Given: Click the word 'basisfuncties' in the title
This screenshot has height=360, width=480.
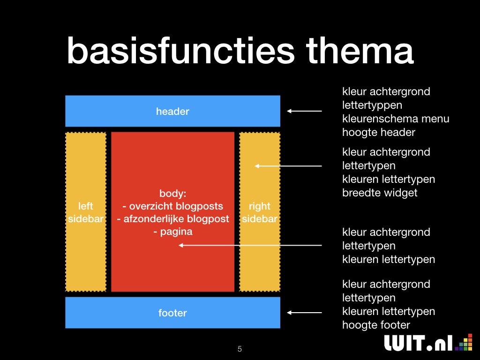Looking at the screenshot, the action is [x=180, y=50].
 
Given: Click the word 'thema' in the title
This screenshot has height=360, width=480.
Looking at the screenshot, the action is [x=360, y=50].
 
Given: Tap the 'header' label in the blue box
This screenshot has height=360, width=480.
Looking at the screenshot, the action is [x=172, y=112].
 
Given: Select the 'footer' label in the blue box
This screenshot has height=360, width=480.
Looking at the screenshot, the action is [x=172, y=313].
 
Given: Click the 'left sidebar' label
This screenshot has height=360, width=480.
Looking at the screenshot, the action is [x=86, y=212].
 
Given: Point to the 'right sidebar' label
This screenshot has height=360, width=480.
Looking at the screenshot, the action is [x=260, y=212].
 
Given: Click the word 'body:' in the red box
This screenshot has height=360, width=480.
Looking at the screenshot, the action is [x=172, y=194].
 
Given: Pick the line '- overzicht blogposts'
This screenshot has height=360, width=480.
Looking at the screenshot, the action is [x=172, y=206].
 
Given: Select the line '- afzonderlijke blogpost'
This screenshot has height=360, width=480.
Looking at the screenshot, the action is [x=172, y=219].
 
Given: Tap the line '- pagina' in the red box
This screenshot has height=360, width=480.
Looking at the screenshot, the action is [x=172, y=232].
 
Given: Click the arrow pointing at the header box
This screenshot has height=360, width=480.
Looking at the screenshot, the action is [x=304, y=111].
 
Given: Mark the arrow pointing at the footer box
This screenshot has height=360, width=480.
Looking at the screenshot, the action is [x=304, y=313].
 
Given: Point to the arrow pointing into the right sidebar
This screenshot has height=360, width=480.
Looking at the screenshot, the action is [x=288, y=166].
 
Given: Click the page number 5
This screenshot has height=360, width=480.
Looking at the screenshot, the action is [x=240, y=349].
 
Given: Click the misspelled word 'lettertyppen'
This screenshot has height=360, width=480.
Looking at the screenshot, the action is [x=372, y=105].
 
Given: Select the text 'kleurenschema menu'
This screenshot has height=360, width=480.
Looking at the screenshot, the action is [x=396, y=119].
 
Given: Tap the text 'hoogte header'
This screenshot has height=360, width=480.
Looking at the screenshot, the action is [x=379, y=133].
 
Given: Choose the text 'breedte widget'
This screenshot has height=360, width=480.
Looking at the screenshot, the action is [x=380, y=193].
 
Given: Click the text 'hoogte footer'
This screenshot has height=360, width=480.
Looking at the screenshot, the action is [x=376, y=325].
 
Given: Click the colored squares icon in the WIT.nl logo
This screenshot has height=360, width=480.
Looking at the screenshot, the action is [x=464, y=342].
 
